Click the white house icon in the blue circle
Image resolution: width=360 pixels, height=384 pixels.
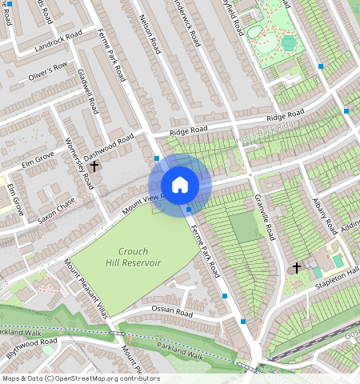point(180,185)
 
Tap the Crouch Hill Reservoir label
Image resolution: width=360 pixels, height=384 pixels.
point(133,257)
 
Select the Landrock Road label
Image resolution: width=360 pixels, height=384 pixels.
point(58,43)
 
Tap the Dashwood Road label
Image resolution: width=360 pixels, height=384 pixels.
point(110,147)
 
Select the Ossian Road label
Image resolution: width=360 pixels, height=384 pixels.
point(169,309)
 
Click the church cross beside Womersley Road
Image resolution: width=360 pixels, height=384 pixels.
point(94,166)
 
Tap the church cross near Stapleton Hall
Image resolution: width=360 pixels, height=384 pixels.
point(297,267)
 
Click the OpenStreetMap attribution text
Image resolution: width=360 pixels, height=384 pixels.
point(80,378)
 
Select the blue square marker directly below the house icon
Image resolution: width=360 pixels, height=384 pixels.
point(189,210)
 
